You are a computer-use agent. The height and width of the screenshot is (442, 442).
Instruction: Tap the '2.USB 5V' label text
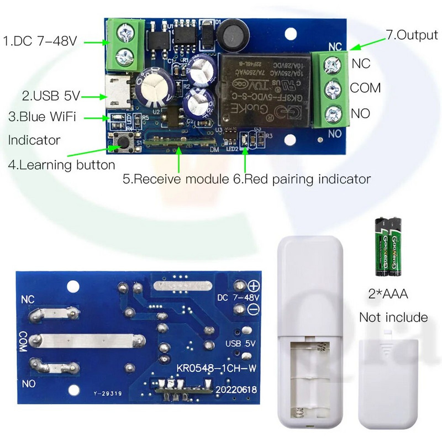click(x=51, y=96)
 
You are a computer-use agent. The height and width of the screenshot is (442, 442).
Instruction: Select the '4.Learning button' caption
click(x=61, y=165)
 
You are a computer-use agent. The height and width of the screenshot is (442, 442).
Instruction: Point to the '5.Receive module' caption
click(x=175, y=179)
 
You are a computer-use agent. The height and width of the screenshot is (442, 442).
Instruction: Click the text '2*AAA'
click(x=388, y=294)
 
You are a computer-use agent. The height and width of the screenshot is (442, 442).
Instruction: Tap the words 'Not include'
click(x=393, y=317)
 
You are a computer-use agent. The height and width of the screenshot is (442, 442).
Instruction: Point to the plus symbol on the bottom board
click(x=254, y=286)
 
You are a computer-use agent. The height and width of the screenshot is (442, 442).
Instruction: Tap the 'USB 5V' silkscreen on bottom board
click(x=240, y=343)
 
